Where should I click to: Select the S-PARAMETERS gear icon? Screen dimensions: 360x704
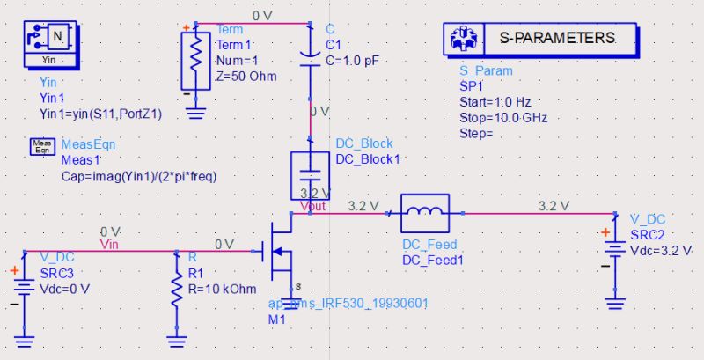pos(464,39)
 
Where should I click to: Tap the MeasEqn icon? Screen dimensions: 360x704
pos(42,145)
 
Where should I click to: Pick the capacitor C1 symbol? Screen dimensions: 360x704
pos(309,52)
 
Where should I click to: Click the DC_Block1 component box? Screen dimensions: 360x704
pos(309,173)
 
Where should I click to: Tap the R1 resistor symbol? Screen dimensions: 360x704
pos(177,291)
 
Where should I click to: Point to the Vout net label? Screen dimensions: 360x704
pos(312,206)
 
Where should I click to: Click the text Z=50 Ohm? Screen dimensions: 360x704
pos(246,76)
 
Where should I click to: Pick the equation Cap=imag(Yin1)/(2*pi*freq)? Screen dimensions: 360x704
pos(138,176)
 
